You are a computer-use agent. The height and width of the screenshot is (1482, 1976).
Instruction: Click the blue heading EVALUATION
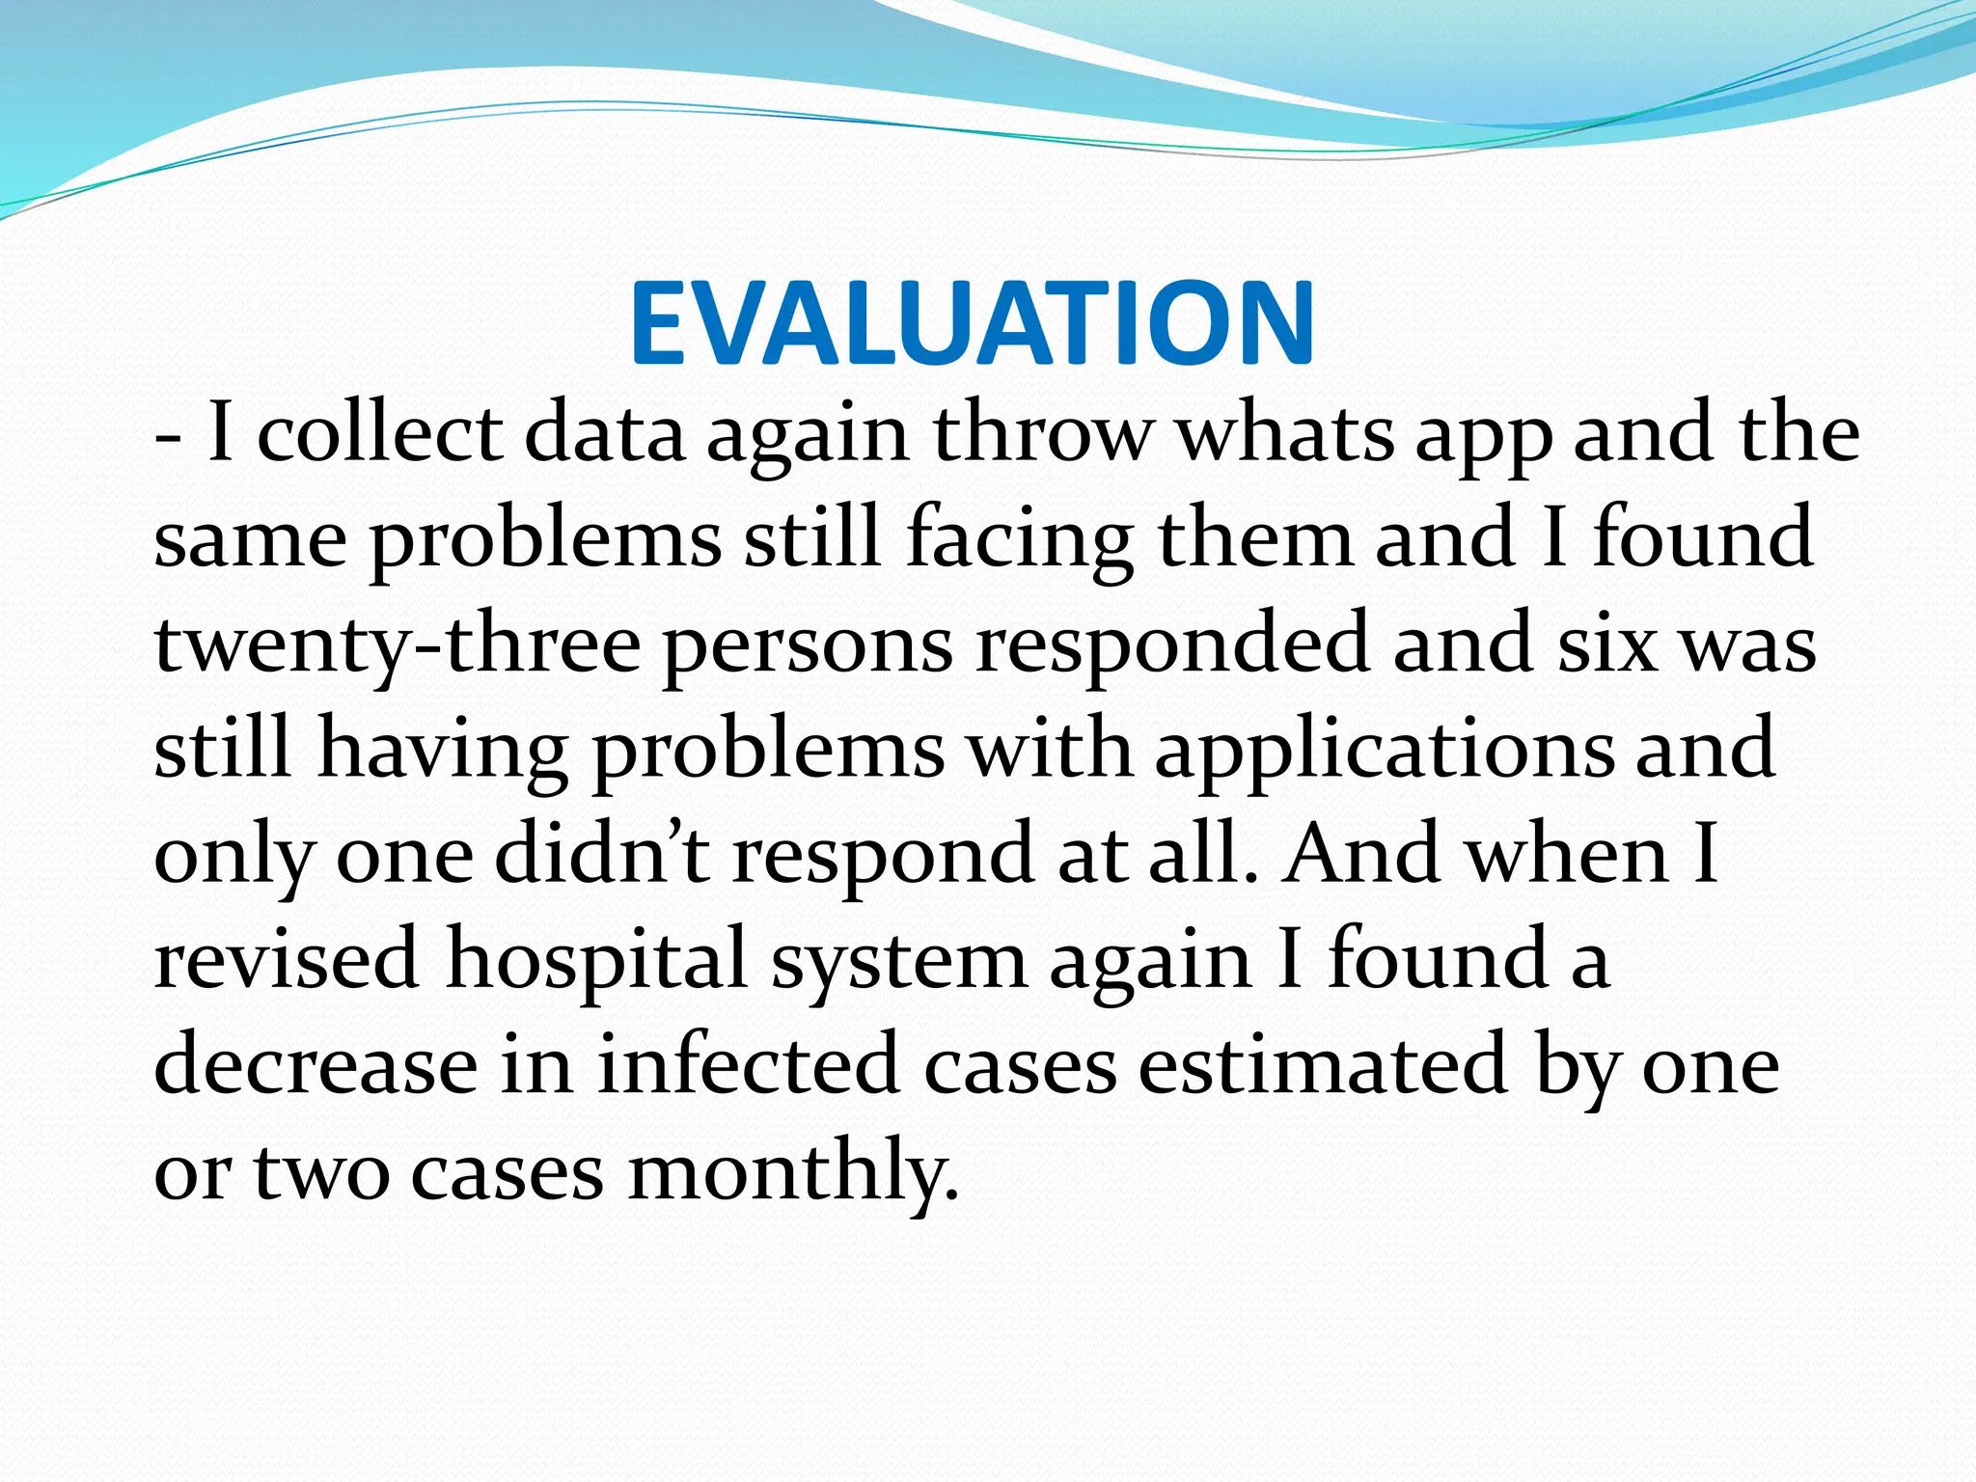coord(973,323)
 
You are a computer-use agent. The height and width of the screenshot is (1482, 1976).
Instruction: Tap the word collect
coord(380,433)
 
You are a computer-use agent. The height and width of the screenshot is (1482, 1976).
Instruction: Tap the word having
coord(443,751)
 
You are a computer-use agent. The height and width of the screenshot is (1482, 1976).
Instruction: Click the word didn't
coord(603,855)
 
